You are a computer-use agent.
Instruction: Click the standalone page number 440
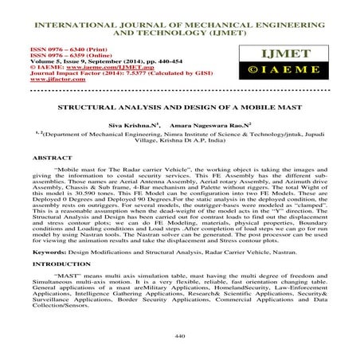pyautogui.click(x=179, y=337)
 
